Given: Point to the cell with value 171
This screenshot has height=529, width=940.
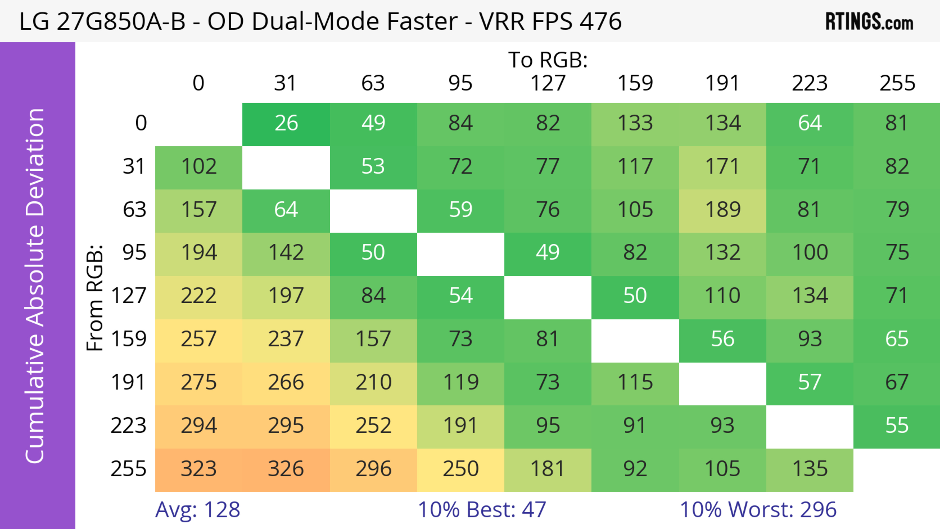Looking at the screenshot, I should [x=723, y=167].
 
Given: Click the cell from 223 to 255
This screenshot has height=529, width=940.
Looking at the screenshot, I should [x=897, y=426].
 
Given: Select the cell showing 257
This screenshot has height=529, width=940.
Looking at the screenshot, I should [x=199, y=339].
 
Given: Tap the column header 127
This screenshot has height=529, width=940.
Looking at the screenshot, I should [x=548, y=83].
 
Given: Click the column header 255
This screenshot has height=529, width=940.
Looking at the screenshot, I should [x=897, y=83].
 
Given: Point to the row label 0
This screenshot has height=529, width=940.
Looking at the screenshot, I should [x=141, y=123].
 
